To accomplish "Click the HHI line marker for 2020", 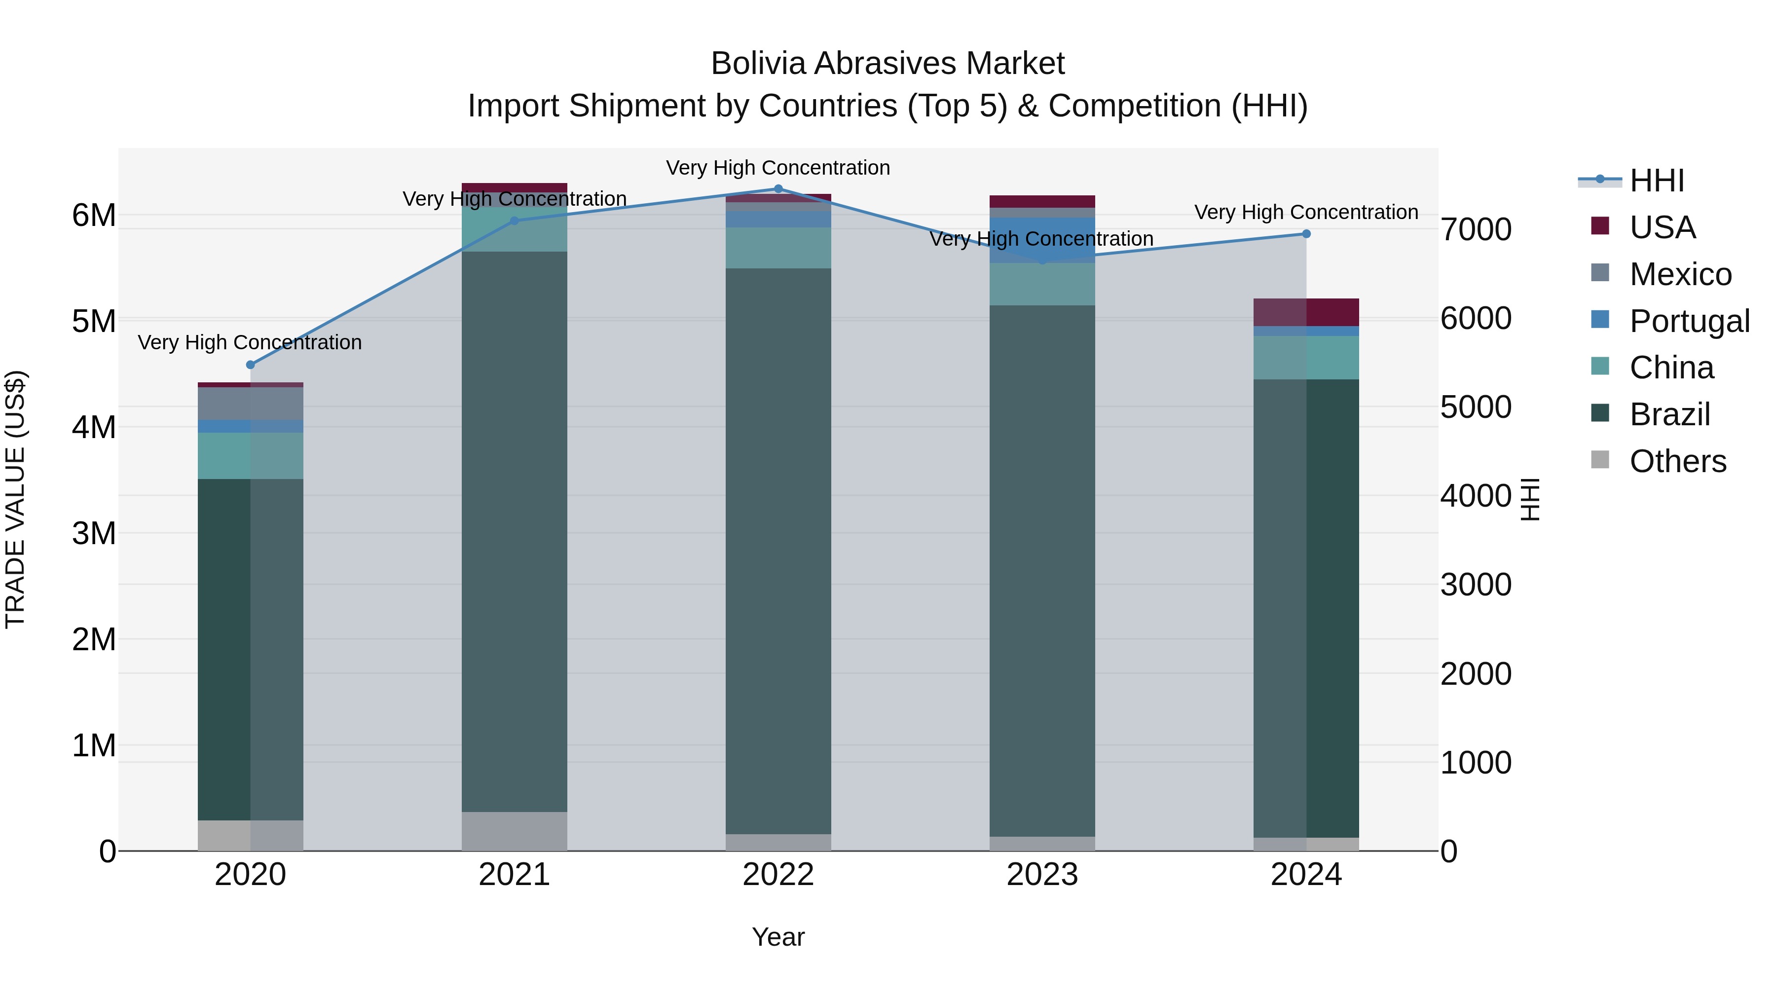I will pyautogui.click(x=250, y=365).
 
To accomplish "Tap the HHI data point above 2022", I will pyautogui.click(x=778, y=189).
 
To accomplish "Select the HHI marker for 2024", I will pyautogui.click(x=1306, y=234).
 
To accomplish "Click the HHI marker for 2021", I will pyautogui.click(x=515, y=221).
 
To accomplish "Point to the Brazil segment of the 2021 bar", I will pyautogui.click(x=515, y=531).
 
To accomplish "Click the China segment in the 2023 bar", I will pyautogui.click(x=1042, y=284).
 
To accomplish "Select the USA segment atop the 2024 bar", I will pyautogui.click(x=1306, y=312).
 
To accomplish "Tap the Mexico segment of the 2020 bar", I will pyautogui.click(x=250, y=404).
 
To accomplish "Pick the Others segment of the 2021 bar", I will pyautogui.click(x=515, y=831).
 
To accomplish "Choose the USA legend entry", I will pyautogui.click(x=1662, y=227).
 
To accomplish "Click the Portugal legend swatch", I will pyautogui.click(x=1600, y=320).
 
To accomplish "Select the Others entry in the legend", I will pyautogui.click(x=1677, y=461).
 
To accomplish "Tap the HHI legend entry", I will pyautogui.click(x=1657, y=181).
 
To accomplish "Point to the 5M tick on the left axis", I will pyautogui.click(x=94, y=321).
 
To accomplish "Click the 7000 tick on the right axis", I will pyautogui.click(x=1476, y=229).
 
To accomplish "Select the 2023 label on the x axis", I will pyautogui.click(x=1042, y=875).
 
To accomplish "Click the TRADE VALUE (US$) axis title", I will pyautogui.click(x=16, y=500).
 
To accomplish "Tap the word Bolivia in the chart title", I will pyautogui.click(x=758, y=64).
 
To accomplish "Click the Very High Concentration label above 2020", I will pyautogui.click(x=250, y=343).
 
